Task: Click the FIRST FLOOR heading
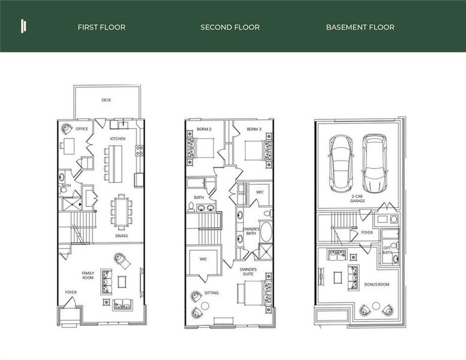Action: point(101,27)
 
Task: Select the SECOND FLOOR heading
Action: point(230,27)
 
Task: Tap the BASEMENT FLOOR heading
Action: point(360,27)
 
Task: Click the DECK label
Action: point(106,100)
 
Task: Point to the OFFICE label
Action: point(82,128)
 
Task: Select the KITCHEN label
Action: point(118,139)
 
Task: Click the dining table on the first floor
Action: point(122,211)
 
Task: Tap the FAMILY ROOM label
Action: point(88,275)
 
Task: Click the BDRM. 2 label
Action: point(203,129)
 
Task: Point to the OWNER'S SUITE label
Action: point(248,272)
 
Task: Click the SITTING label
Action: point(211,292)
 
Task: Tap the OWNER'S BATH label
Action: point(251,232)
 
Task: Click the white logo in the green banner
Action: point(23,26)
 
